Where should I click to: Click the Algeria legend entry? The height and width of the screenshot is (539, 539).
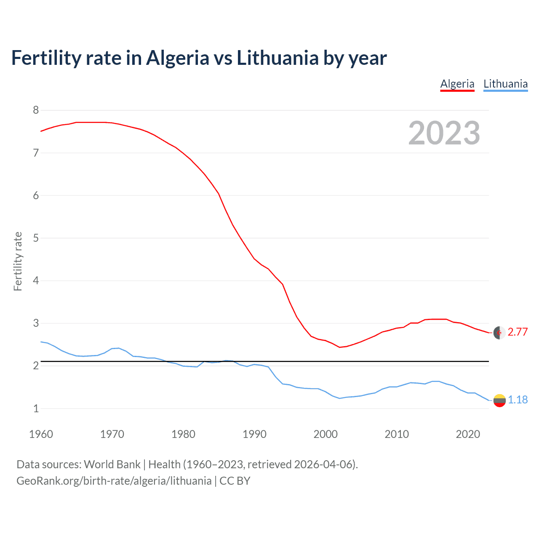click(x=457, y=84)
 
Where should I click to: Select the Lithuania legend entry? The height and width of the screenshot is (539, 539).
click(x=505, y=84)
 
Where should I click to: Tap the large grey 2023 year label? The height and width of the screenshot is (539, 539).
click(x=444, y=133)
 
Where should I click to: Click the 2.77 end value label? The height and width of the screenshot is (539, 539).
click(x=518, y=332)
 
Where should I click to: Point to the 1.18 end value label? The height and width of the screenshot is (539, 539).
click(x=518, y=400)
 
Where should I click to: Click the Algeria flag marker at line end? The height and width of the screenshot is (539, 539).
click(x=499, y=333)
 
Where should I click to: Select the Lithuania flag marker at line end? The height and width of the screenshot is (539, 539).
click(x=499, y=400)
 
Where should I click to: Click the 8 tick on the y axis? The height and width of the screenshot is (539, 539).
click(x=36, y=110)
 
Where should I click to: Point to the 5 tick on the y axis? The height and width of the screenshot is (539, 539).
click(x=36, y=238)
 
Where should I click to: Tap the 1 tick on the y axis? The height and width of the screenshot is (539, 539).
click(x=36, y=408)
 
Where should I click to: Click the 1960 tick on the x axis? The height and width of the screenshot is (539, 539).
click(x=41, y=434)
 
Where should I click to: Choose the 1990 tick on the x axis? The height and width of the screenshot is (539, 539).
click(x=254, y=434)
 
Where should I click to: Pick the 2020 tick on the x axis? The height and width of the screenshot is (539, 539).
click(x=468, y=434)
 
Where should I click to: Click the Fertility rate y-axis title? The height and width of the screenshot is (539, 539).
click(x=18, y=261)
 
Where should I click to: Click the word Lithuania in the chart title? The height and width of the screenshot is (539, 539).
click(x=278, y=58)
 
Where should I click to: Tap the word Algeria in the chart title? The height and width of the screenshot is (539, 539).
click(x=177, y=58)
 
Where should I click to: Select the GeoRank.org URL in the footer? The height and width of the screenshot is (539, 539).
click(x=114, y=481)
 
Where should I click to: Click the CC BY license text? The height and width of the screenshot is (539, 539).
click(x=235, y=481)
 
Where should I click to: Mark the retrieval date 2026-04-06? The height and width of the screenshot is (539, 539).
click(x=323, y=464)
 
